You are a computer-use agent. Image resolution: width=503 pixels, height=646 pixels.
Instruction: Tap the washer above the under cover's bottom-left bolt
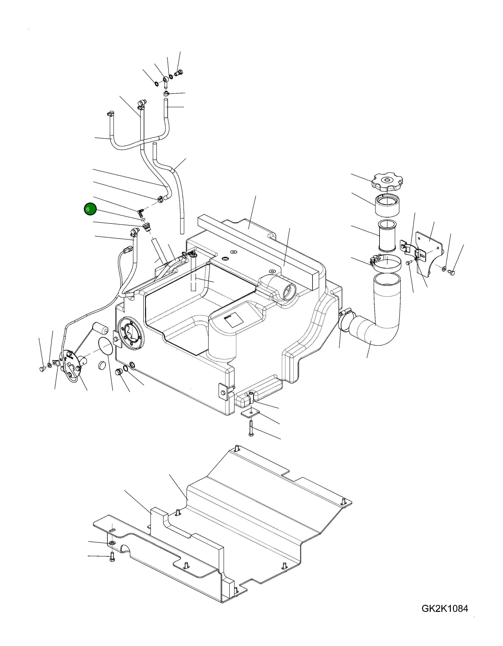click(x=112, y=543)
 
